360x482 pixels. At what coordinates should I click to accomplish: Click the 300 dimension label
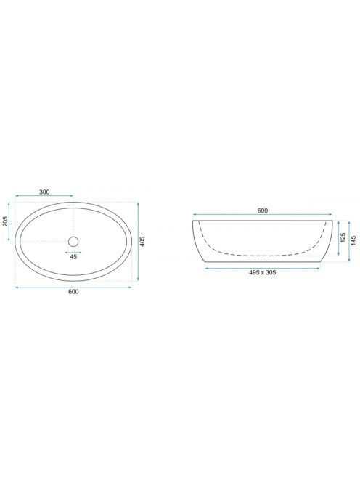pyautogui.click(x=44, y=192)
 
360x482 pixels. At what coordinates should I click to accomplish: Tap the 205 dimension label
pyautogui.click(x=5, y=221)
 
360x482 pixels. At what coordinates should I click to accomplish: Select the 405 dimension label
pyautogui.click(x=142, y=242)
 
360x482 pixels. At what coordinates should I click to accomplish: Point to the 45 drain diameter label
pyautogui.click(x=73, y=257)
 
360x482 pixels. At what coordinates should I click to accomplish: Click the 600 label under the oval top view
pyautogui.click(x=73, y=291)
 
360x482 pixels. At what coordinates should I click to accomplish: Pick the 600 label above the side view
pyautogui.click(x=263, y=211)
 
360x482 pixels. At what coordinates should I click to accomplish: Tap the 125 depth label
pyautogui.click(x=343, y=237)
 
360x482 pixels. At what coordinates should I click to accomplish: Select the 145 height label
pyautogui.click(x=353, y=241)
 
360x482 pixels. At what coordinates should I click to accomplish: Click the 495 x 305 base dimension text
pyautogui.click(x=263, y=272)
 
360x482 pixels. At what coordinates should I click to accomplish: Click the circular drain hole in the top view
pyautogui.click(x=73, y=242)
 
